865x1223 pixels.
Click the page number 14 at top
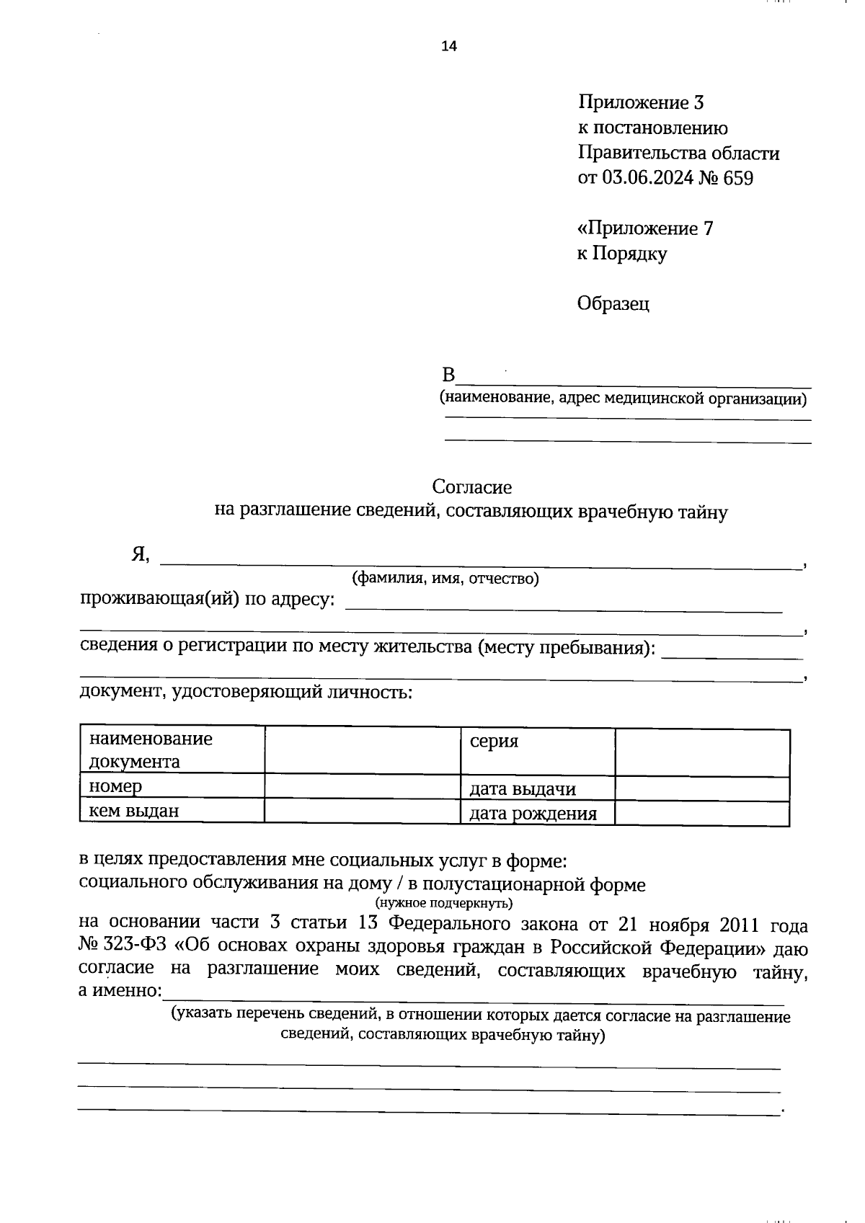pyautogui.click(x=449, y=47)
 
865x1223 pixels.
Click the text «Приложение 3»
pyautogui.click(x=640, y=102)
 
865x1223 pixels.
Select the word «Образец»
pyautogui.click(x=613, y=303)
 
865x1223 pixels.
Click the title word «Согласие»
pyautogui.click(x=472, y=487)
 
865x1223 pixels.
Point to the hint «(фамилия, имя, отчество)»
pyautogui.click(x=445, y=578)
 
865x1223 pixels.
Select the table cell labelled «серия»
pyautogui.click(x=494, y=741)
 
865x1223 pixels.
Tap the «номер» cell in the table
pyautogui.click(x=115, y=786)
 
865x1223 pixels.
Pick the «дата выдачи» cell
pyautogui.click(x=523, y=789)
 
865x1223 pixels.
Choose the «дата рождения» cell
pyautogui.click(x=533, y=814)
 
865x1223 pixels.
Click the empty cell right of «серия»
pyautogui.click(x=702, y=752)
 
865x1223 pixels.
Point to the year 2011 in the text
pyautogui.click(x=724, y=925)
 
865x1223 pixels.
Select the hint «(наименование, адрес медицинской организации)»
pyautogui.click(x=624, y=398)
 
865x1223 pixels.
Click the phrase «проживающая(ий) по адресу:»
pyautogui.click(x=207, y=599)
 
